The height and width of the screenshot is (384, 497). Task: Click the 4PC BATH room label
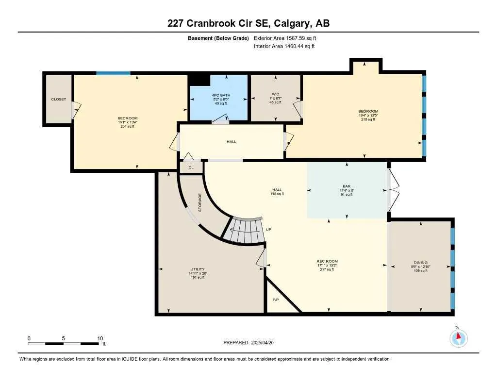(218, 95)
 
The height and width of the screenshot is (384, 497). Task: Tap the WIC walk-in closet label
(275, 95)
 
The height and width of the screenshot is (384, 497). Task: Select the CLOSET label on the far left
(58, 99)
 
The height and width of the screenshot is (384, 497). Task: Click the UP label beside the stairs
(268, 230)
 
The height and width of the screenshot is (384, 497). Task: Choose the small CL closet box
(191, 167)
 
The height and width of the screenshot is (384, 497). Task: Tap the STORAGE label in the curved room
(199, 202)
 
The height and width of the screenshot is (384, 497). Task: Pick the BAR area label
(347, 185)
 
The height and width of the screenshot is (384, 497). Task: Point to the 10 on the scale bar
(100, 338)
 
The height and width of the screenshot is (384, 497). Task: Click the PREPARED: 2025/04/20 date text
(251, 342)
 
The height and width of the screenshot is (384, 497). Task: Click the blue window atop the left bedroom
(113, 73)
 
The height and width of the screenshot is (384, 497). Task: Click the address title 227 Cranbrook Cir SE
(248, 23)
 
